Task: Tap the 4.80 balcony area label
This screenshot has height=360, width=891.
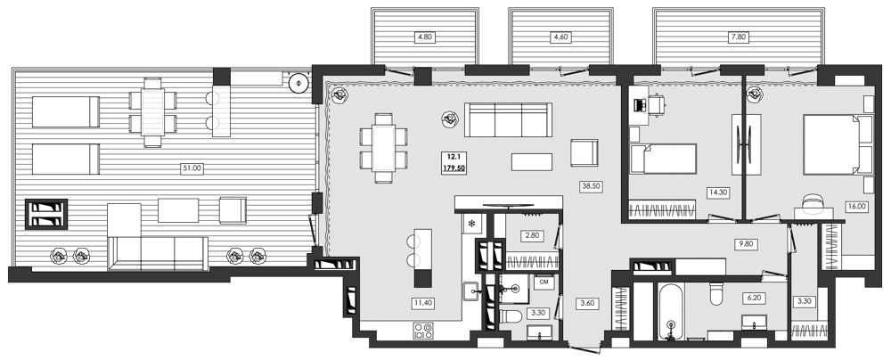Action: click(423, 37)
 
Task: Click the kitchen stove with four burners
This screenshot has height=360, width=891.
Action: click(423, 331)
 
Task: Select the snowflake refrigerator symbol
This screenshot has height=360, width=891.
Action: click(471, 223)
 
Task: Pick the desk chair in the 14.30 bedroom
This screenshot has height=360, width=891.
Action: click(655, 104)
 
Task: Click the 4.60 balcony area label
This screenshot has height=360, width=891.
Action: click(560, 37)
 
